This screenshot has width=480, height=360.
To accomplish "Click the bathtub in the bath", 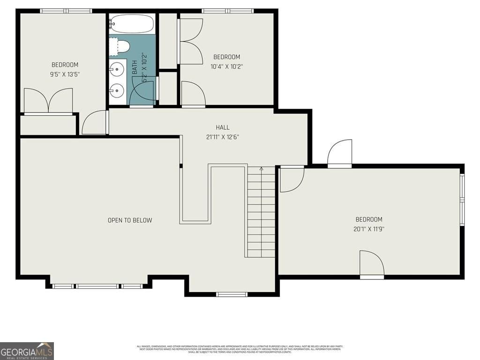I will (x=132, y=23).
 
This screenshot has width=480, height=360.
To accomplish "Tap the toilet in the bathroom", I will (x=121, y=47).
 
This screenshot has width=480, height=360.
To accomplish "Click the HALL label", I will (x=223, y=127).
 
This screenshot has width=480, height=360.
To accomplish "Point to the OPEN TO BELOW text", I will (x=130, y=220).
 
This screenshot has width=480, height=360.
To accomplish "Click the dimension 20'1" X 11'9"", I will (x=369, y=229).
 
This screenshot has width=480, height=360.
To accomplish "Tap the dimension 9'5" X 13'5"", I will (x=65, y=74).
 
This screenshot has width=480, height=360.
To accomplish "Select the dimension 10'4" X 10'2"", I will (x=227, y=67).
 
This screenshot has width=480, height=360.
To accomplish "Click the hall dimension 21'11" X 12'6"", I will (x=223, y=137).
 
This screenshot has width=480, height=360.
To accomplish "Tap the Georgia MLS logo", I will (x=27, y=351).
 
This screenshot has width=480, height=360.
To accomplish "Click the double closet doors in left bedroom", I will (x=48, y=101).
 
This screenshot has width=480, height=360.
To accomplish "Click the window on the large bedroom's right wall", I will (x=462, y=201).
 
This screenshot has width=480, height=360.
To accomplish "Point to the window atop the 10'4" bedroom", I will (x=227, y=11).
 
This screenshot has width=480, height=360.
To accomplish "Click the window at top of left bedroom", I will (x=66, y=11).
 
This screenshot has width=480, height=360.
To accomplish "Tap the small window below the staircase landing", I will (x=232, y=294).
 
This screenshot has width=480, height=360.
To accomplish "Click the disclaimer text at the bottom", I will (x=240, y=349).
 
